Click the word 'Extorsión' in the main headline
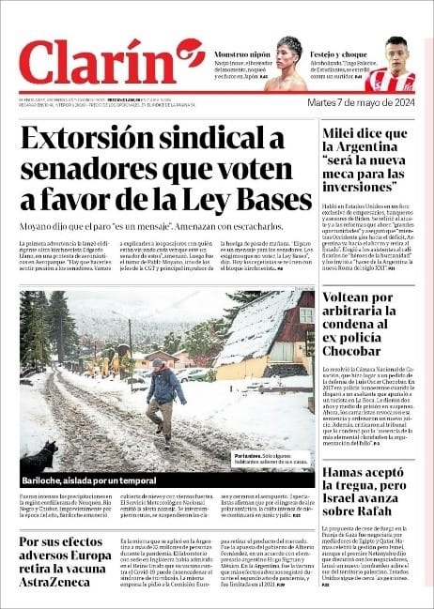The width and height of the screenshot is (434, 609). pyautogui.click(x=96, y=140)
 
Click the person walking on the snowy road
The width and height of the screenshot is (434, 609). pyautogui.click(x=165, y=399)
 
